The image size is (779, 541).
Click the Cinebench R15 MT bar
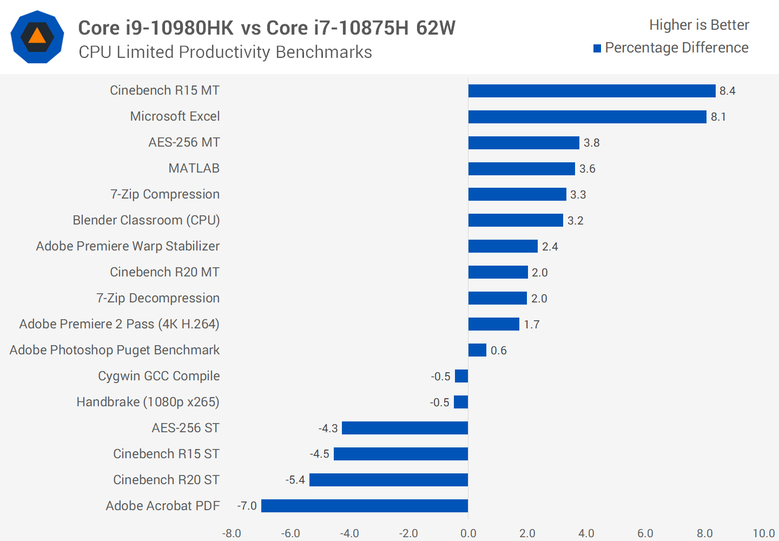(x=592, y=91)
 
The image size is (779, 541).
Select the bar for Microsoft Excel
(x=587, y=117)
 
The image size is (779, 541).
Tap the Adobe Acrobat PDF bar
(x=365, y=506)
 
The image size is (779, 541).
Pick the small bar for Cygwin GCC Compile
(x=461, y=376)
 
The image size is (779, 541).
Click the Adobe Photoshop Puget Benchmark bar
(x=477, y=350)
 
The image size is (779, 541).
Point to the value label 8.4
(x=727, y=91)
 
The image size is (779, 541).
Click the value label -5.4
(x=295, y=480)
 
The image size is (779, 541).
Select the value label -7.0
(x=247, y=506)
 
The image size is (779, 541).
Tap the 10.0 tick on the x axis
(x=763, y=533)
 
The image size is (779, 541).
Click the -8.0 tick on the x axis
(x=232, y=533)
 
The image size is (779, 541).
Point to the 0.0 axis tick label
(x=468, y=533)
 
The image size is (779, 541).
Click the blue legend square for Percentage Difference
(x=597, y=49)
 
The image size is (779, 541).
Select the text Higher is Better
(x=699, y=25)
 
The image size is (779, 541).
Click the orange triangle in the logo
(x=37, y=36)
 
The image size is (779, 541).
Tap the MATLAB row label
(x=194, y=168)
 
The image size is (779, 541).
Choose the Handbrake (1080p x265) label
(x=148, y=402)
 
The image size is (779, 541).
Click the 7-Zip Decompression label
(x=158, y=298)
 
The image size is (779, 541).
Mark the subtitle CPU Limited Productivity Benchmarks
(x=225, y=52)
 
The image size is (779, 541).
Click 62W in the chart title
(x=435, y=28)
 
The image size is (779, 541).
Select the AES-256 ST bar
(x=405, y=428)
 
